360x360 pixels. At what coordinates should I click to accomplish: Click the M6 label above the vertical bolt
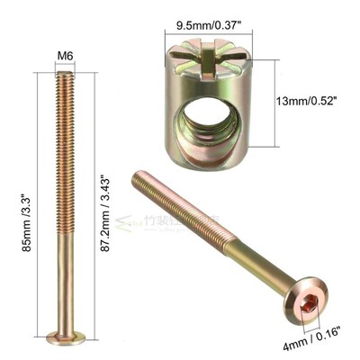65,57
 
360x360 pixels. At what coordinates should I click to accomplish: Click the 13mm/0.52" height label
303,101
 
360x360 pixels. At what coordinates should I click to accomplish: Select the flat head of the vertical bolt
66,337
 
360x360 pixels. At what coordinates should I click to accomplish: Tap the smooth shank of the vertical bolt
65,288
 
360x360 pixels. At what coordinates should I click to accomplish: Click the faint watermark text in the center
180,220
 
